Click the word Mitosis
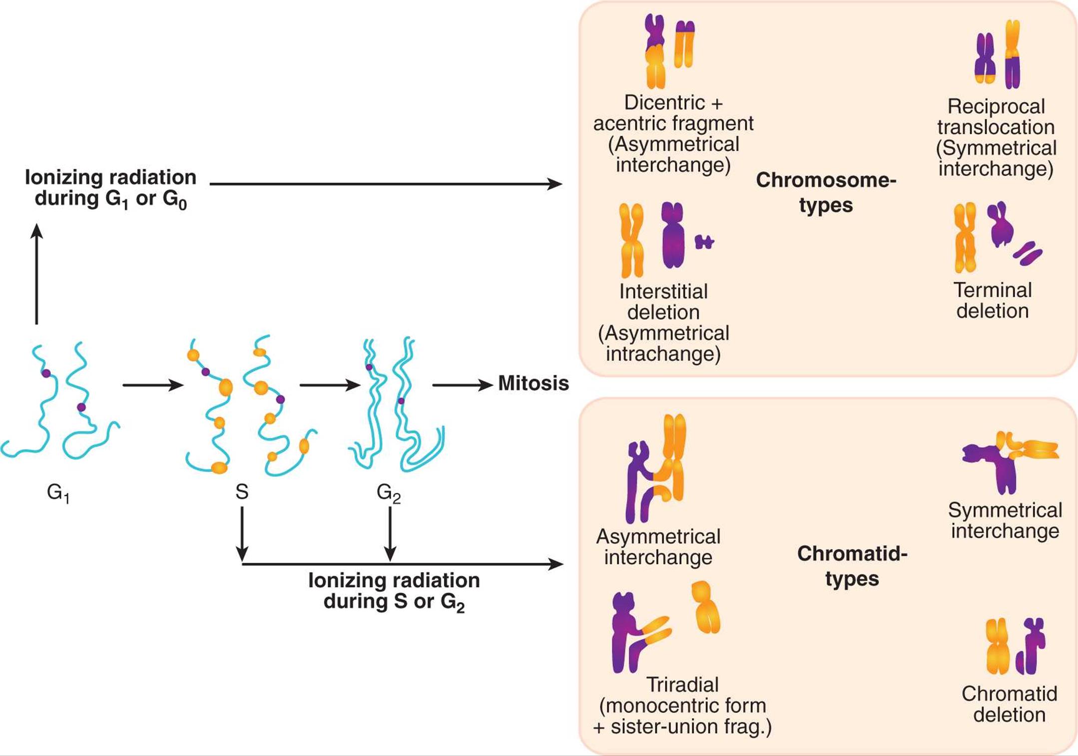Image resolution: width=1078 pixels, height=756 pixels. pyautogui.click(x=534, y=383)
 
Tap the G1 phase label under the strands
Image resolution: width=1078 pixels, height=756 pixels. pyautogui.click(x=58, y=493)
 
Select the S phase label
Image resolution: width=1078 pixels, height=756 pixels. pyautogui.click(x=242, y=492)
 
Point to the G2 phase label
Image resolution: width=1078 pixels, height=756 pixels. pyautogui.click(x=389, y=493)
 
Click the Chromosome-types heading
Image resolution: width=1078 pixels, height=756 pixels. pyautogui.click(x=826, y=192)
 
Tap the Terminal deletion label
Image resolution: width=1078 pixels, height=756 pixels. pyautogui.click(x=993, y=300)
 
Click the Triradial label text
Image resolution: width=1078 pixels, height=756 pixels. pyautogui.click(x=682, y=705)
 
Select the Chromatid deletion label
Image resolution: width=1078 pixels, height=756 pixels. pyautogui.click(x=1010, y=704)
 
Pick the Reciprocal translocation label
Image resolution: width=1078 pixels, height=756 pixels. pyautogui.click(x=996, y=137)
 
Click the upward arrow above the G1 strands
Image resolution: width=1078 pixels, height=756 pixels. pyautogui.click(x=36, y=274)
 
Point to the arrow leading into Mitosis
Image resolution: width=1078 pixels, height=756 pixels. pyautogui.click(x=463, y=385)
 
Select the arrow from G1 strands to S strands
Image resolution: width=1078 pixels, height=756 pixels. pyautogui.click(x=153, y=385)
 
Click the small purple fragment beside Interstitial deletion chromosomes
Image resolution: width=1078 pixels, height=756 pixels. pyautogui.click(x=704, y=242)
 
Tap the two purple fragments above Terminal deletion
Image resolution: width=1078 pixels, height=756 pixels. pyautogui.click(x=1028, y=253)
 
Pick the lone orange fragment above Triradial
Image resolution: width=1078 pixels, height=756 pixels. pyautogui.click(x=705, y=607)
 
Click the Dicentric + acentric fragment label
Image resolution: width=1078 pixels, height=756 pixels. pyautogui.click(x=673, y=133)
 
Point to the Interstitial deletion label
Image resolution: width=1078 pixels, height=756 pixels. pyautogui.click(x=663, y=323)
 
